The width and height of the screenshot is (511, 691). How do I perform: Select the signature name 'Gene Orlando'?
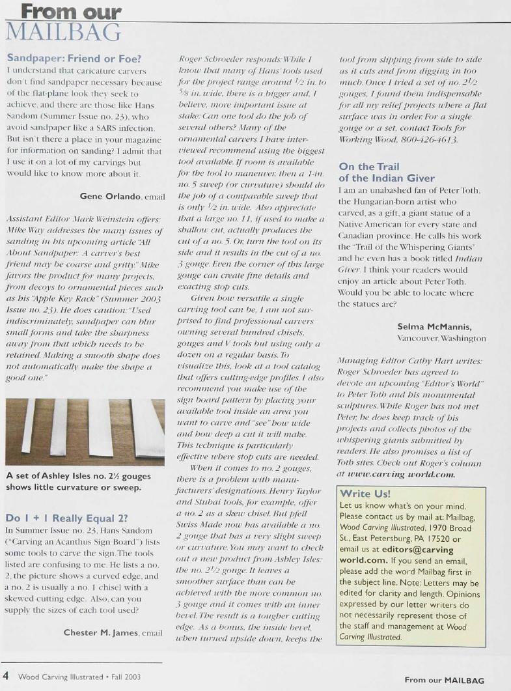(x=108, y=196)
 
